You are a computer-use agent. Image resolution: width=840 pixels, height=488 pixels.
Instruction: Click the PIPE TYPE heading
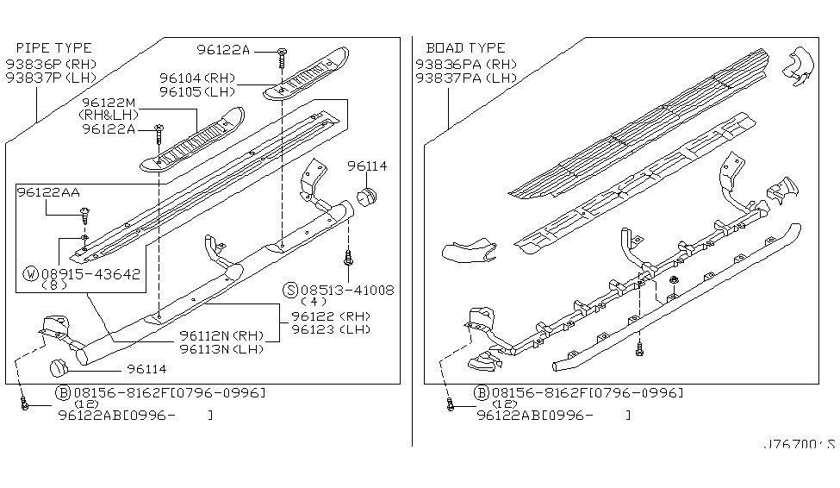tap(54, 48)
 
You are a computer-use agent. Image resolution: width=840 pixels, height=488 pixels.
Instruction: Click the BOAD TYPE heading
tap(465, 48)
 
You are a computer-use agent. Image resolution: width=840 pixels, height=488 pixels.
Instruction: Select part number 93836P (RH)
tap(51, 65)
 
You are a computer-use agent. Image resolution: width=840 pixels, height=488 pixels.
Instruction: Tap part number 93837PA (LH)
tap(466, 78)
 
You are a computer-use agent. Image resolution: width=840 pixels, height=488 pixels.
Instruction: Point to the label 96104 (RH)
tap(197, 78)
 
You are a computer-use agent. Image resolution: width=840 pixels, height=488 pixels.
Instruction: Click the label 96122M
tap(109, 103)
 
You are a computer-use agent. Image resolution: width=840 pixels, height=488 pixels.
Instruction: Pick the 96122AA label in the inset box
tap(48, 192)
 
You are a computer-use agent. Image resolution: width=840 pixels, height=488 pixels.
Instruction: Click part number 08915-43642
tap(90, 274)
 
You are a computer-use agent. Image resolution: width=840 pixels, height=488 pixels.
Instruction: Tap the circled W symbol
tap(31, 274)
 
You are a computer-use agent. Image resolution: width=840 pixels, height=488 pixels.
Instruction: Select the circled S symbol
tap(290, 291)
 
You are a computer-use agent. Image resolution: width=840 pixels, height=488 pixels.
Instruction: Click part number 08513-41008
tap(347, 291)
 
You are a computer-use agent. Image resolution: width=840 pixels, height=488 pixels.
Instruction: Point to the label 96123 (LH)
tap(331, 329)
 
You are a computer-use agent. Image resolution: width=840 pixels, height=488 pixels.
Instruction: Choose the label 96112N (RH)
tap(221, 335)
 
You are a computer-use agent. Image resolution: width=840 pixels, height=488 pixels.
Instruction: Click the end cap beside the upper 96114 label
tap(367, 196)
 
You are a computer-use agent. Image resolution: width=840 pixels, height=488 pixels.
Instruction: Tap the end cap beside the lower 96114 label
tap(59, 368)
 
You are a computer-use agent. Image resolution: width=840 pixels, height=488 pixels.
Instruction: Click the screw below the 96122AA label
tap(84, 215)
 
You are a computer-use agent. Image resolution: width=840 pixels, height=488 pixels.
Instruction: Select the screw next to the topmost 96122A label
tap(283, 58)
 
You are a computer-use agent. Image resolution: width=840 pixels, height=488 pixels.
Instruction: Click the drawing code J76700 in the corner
tap(799, 445)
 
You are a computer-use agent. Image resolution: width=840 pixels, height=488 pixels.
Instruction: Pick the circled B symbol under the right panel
tap(482, 394)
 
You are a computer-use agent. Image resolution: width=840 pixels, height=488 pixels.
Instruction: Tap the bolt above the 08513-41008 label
tap(348, 257)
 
